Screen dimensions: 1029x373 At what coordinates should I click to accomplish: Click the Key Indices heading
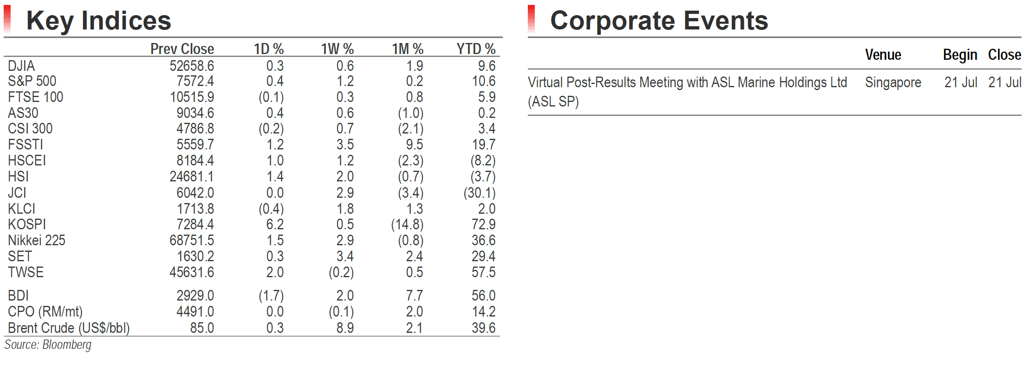99,21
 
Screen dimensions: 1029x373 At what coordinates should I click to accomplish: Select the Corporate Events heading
659,20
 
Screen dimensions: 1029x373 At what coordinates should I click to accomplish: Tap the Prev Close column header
182,49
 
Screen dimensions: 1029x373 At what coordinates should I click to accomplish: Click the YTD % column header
476,49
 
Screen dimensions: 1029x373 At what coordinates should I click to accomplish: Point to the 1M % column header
407,49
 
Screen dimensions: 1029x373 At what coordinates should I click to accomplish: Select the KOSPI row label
27,224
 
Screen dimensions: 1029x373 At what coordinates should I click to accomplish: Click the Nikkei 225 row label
36,240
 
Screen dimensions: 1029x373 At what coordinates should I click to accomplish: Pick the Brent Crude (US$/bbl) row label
69,328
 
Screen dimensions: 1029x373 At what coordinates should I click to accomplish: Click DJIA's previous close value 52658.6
192,66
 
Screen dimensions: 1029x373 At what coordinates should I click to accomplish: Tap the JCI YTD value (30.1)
479,193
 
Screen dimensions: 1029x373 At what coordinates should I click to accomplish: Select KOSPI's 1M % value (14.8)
407,224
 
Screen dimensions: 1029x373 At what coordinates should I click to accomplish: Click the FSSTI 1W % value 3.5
345,145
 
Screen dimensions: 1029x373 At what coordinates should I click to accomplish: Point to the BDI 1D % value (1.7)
271,296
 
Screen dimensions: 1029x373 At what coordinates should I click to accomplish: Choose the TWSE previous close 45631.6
192,272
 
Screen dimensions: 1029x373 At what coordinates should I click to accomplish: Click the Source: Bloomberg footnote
48,345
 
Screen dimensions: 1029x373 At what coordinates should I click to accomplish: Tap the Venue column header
883,54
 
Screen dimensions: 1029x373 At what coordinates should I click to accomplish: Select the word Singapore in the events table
893,83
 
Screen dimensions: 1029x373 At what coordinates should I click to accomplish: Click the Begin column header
960,55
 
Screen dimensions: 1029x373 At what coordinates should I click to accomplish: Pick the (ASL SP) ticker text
553,102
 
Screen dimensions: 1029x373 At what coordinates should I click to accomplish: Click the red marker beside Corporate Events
532,18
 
